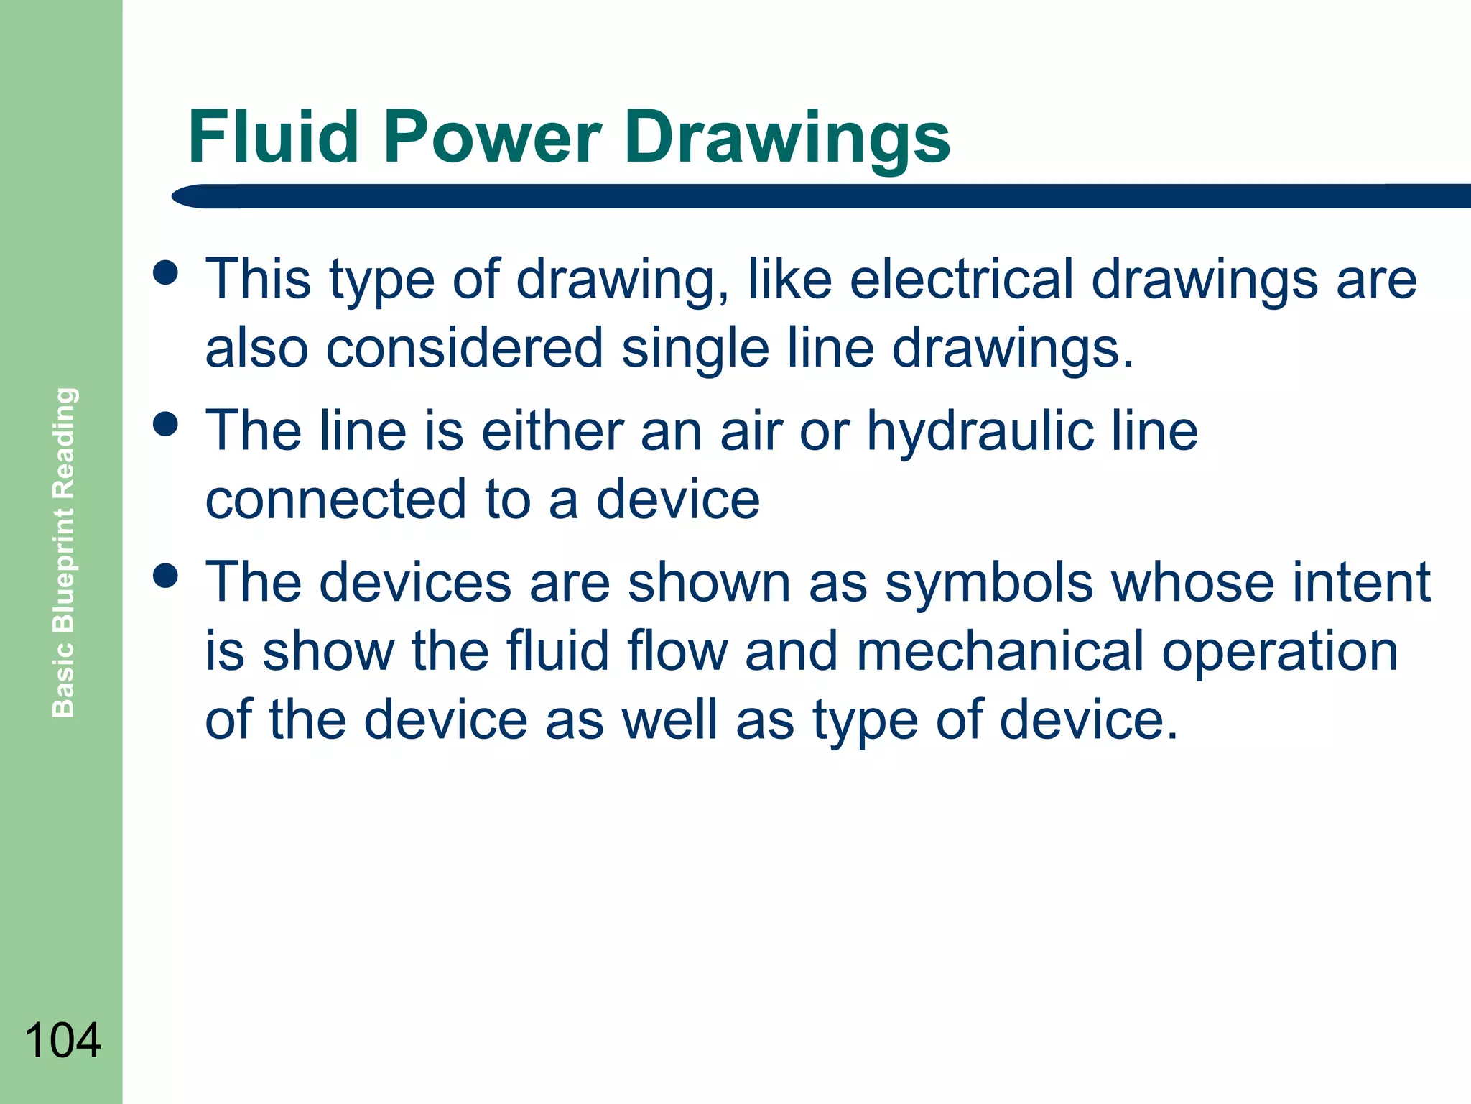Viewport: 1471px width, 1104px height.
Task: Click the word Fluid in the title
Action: [273, 137]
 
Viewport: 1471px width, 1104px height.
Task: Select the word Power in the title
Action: [492, 137]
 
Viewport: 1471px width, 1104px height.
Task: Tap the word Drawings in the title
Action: [787, 137]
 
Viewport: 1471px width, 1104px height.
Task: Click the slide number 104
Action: [62, 1040]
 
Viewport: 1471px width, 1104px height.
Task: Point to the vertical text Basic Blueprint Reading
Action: [64, 552]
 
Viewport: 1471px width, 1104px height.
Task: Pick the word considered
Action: [464, 348]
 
